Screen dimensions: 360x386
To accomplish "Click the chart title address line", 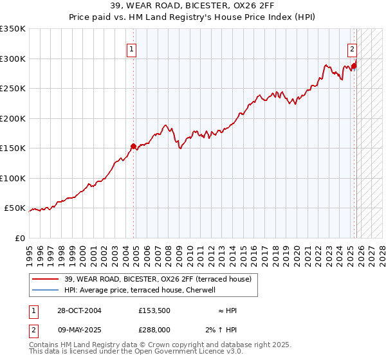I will [192, 6].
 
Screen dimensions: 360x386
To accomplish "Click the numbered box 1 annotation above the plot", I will [131, 48].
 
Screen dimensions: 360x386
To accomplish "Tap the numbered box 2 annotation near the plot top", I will [353, 48].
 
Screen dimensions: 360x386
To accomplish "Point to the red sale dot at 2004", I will [133, 146].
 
